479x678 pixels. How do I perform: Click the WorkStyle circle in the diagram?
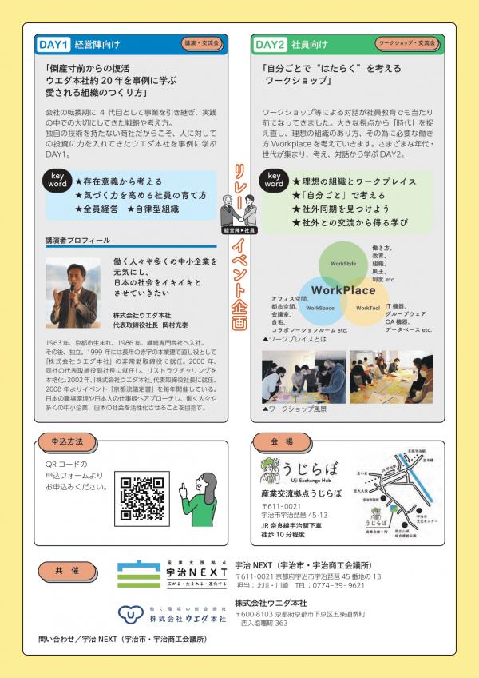pyautogui.click(x=343, y=263)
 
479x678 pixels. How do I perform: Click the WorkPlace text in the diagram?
pyautogui.click(x=343, y=289)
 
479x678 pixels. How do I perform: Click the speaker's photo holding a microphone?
pyautogui.click(x=73, y=284)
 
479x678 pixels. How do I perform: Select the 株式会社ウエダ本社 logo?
pyautogui.click(x=172, y=613)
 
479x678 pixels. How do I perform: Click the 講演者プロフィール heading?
pyautogui.click(x=77, y=240)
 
